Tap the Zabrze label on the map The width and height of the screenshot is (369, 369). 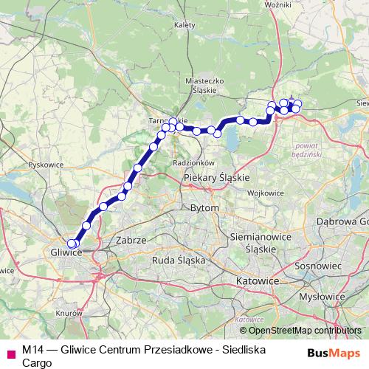(131, 241)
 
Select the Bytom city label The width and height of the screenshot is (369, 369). (204, 209)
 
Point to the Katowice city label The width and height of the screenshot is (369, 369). (257, 282)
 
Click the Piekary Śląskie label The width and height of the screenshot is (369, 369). (216, 178)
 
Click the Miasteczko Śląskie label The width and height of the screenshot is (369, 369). (202, 85)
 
